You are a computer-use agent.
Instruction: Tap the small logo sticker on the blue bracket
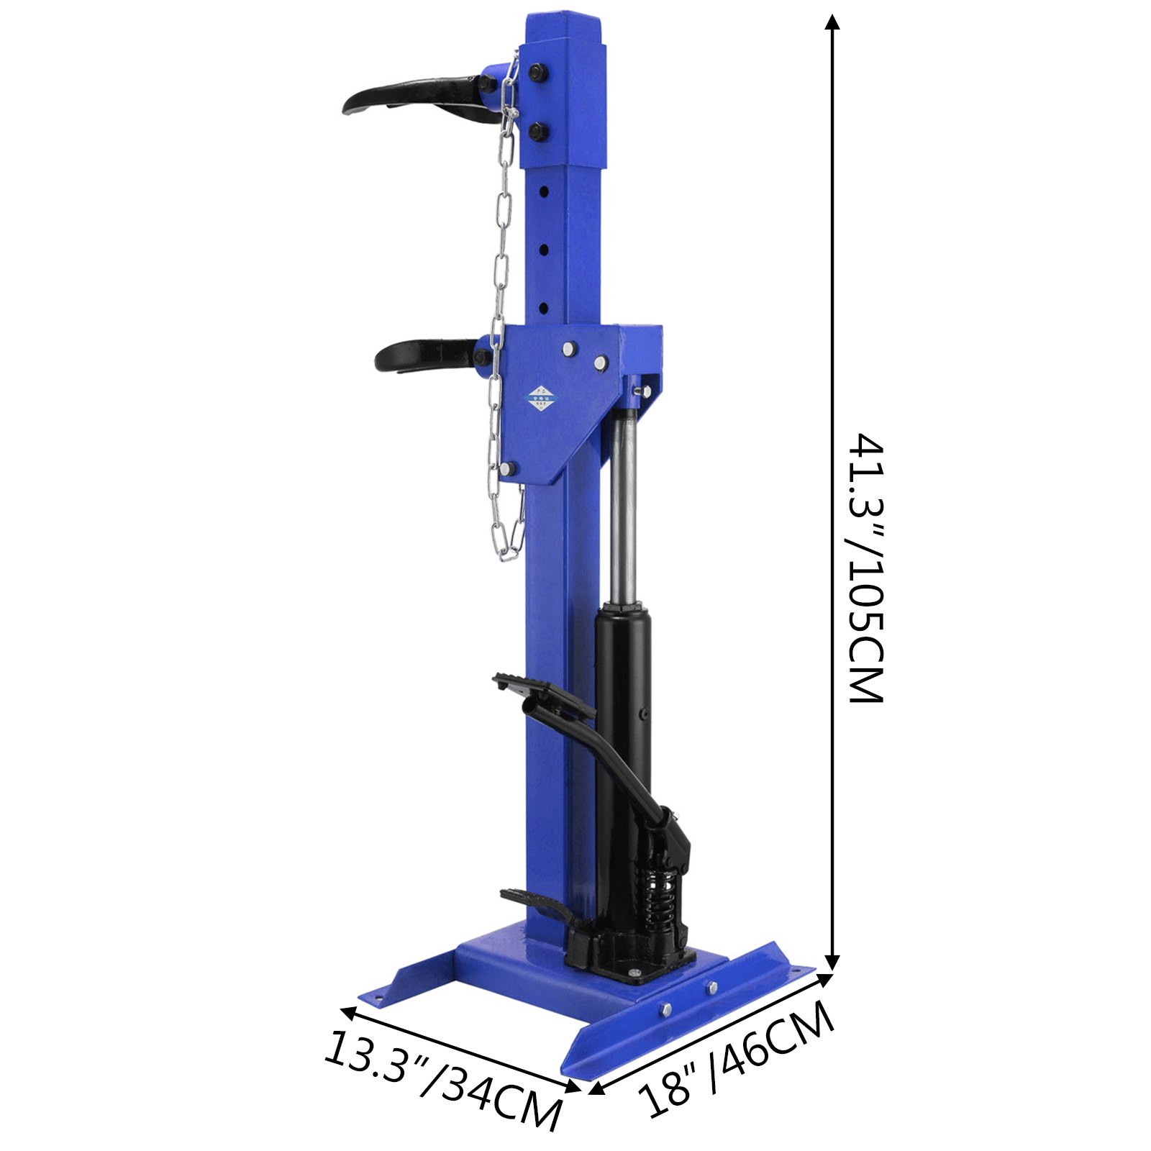(x=543, y=397)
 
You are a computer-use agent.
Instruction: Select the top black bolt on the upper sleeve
(x=537, y=72)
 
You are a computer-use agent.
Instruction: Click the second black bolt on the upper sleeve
(x=537, y=132)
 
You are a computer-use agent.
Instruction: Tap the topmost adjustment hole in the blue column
(x=545, y=192)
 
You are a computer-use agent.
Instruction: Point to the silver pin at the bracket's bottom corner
(x=507, y=469)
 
